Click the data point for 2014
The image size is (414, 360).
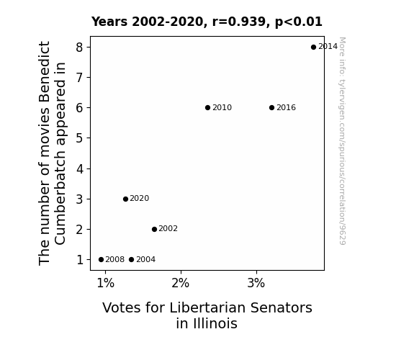point(313,48)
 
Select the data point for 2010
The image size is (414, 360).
point(207,108)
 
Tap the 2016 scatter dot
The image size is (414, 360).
point(271,108)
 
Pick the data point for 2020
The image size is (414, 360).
point(125,199)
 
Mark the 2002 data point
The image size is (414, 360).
point(155,229)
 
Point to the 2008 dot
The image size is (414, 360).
point(101,260)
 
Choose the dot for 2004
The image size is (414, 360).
point(132,260)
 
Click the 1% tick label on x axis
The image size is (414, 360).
point(106,284)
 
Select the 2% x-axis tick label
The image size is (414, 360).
point(181,284)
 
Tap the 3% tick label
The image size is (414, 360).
point(256,284)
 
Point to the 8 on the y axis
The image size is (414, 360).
point(79,48)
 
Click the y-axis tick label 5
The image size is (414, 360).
point(79,138)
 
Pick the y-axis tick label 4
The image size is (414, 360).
point(79,168)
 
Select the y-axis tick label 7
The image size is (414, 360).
point(79,78)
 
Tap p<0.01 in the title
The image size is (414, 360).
point(299,22)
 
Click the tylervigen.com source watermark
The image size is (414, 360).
point(342,141)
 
